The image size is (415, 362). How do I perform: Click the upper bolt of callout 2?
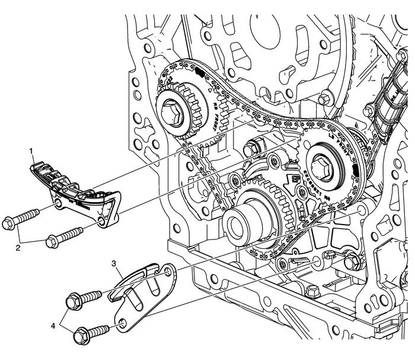click(20, 217)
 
